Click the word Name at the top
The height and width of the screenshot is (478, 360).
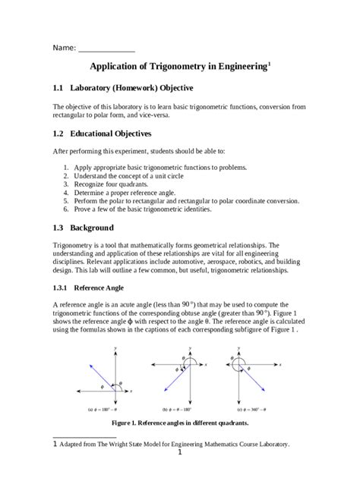(x=63, y=48)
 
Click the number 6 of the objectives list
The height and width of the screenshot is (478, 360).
(x=66, y=210)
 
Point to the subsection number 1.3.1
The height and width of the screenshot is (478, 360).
(x=62, y=288)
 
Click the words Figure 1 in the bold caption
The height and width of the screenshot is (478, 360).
(x=127, y=421)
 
